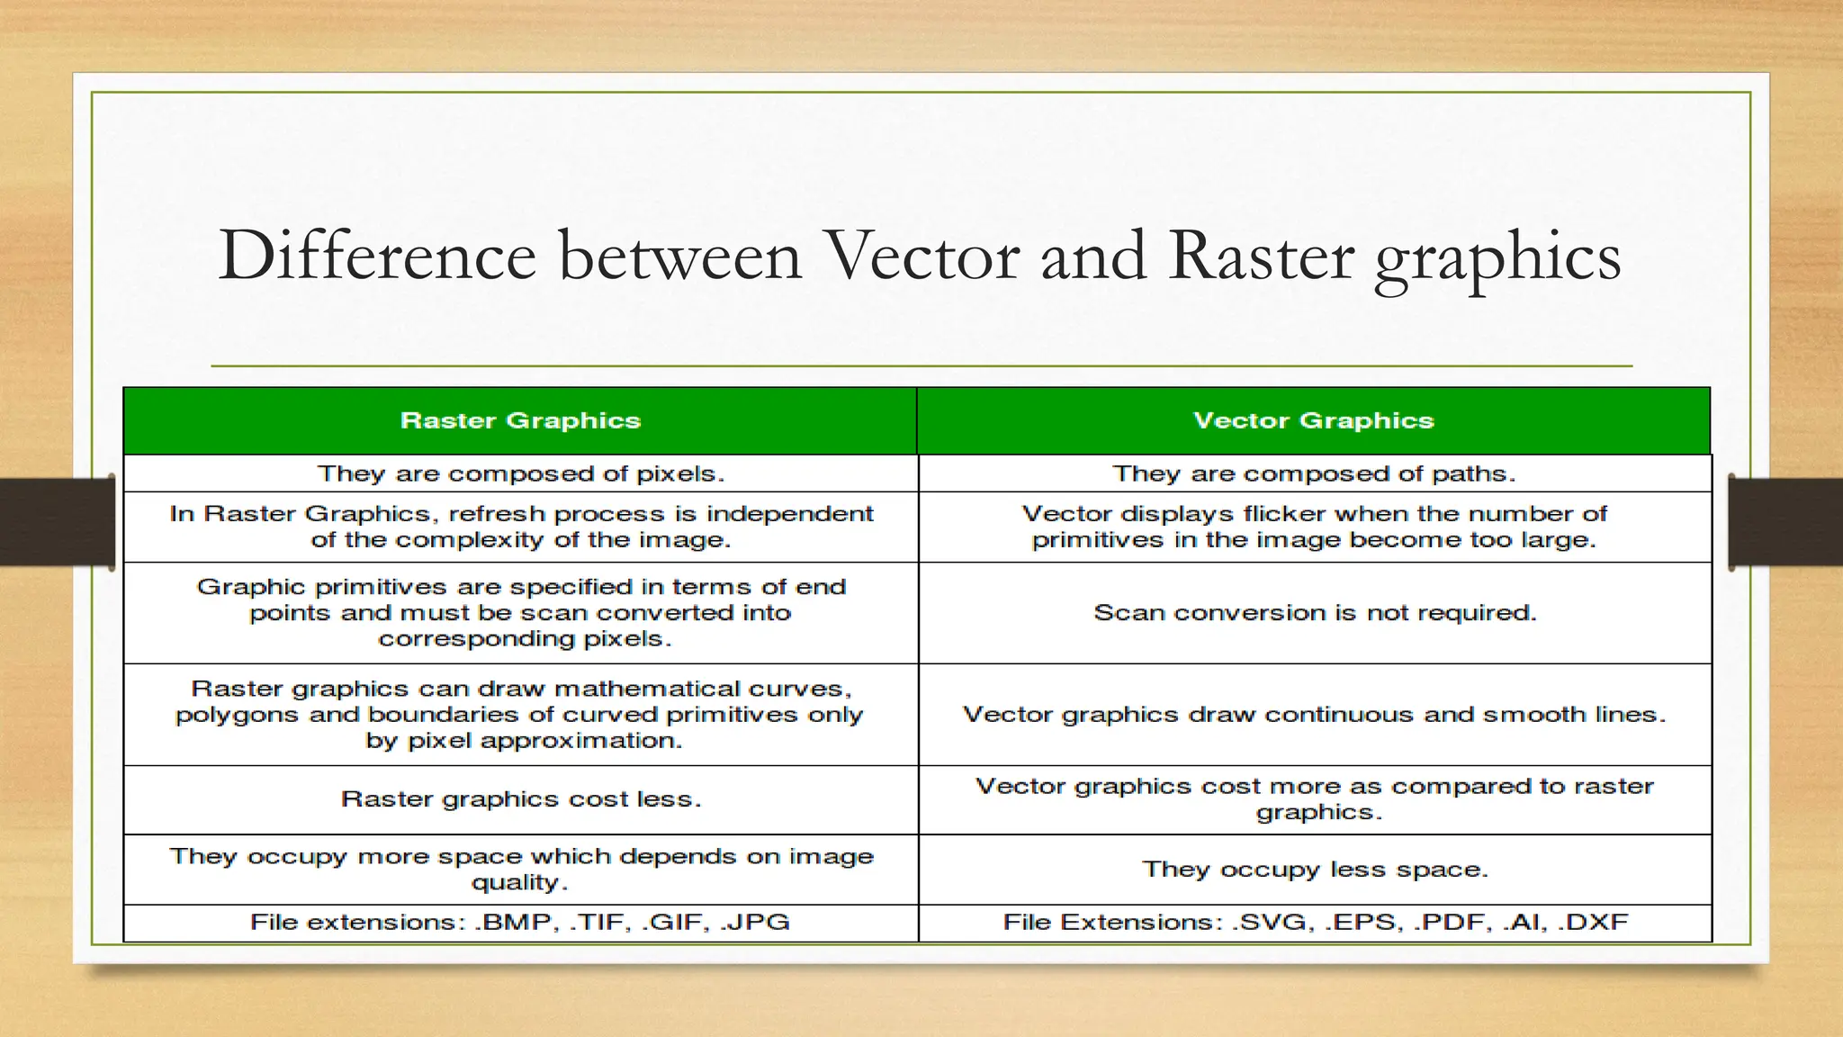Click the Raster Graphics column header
(520, 420)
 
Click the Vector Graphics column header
(1313, 420)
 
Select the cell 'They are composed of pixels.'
(520, 473)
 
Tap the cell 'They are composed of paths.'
(1314, 473)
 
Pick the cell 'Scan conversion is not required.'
(1314, 613)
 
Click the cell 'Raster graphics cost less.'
(520, 799)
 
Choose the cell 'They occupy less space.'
(1314, 870)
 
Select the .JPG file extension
(756, 923)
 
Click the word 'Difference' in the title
(376, 257)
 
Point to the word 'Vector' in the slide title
(921, 257)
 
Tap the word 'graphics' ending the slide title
(1497, 259)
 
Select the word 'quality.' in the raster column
(520, 882)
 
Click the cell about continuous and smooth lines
(1314, 715)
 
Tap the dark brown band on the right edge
(1787, 522)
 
